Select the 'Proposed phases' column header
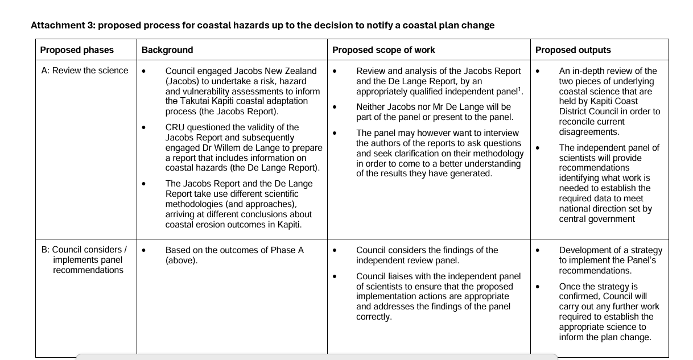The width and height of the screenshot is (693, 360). pyautogui.click(x=77, y=50)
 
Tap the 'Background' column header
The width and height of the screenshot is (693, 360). pyautogui.click(x=167, y=50)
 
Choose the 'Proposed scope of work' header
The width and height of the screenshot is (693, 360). pyautogui.click(x=383, y=50)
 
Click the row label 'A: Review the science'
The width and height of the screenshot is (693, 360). pyautogui.click(x=85, y=71)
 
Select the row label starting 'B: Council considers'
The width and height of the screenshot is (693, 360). pyautogui.click(x=84, y=250)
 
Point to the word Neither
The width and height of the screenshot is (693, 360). pyautogui.click(x=372, y=107)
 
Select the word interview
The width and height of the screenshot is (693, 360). pyautogui.click(x=501, y=133)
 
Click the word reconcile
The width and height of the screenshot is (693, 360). pyautogui.click(x=577, y=122)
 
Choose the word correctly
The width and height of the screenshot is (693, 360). pyautogui.click(x=374, y=317)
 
